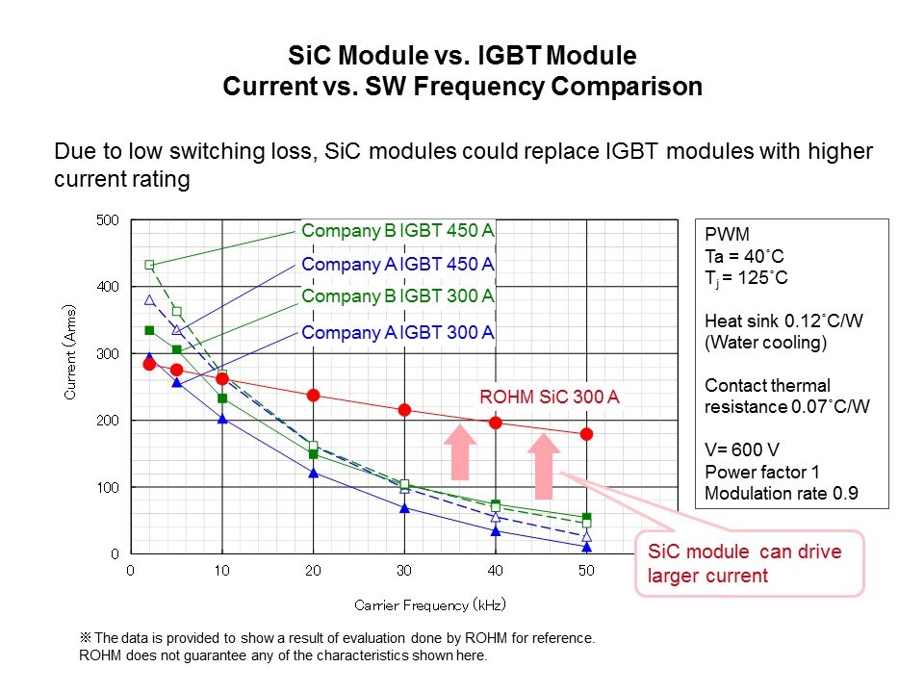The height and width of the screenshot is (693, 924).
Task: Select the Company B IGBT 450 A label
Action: tap(398, 231)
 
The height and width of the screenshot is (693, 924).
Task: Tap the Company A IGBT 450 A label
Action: tap(398, 265)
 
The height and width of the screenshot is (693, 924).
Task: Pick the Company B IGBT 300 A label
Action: tap(398, 297)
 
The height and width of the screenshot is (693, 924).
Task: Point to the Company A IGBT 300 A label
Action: tap(398, 333)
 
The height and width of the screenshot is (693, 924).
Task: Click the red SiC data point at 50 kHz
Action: tap(586, 434)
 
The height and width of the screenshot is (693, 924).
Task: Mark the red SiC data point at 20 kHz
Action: tap(313, 395)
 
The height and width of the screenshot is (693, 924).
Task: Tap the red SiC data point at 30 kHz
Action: tap(404, 410)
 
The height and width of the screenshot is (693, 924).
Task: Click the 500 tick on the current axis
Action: tap(108, 220)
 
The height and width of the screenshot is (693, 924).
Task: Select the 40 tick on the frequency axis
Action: tap(496, 571)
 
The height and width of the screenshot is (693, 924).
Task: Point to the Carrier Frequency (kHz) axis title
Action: tap(429, 604)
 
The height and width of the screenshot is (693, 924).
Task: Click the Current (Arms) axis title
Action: tap(71, 352)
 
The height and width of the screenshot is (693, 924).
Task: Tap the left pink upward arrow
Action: tap(460, 452)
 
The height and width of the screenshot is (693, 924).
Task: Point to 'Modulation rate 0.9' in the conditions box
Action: tap(782, 494)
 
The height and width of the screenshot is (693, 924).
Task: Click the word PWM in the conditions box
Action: tap(724, 235)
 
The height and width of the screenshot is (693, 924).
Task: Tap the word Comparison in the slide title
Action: tap(627, 86)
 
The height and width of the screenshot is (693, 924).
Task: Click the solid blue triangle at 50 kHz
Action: tap(586, 547)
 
